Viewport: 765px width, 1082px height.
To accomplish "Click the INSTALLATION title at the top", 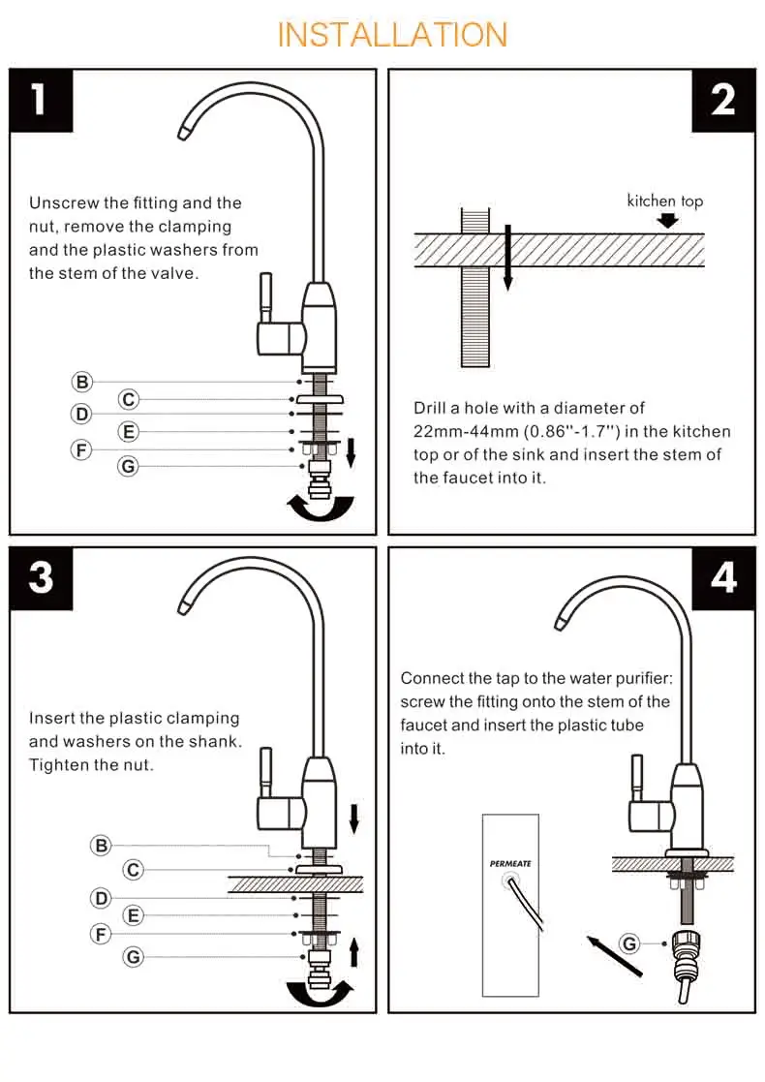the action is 392,35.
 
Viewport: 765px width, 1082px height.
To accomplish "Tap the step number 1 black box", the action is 41,100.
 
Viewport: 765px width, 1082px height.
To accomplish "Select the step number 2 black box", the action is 723,100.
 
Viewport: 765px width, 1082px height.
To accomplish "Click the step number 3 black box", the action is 41,578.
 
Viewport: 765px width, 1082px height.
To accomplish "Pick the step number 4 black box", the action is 723,578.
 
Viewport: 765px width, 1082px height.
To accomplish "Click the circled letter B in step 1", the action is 82,382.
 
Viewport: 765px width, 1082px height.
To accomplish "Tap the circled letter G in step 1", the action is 128,467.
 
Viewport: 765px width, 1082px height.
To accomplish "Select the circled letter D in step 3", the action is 101,899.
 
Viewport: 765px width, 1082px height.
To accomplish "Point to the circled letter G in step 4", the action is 629,943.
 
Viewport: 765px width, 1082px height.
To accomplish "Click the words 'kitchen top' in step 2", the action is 665,201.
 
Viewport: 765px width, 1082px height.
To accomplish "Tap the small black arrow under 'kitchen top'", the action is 667,220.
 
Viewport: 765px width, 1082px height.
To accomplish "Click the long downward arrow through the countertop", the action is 507,257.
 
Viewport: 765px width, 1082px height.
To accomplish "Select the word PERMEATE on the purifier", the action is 510,863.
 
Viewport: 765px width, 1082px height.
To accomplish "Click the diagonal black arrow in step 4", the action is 614,955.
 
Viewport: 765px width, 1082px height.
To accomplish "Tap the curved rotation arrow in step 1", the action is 321,508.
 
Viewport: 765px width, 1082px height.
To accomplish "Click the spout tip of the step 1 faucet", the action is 184,132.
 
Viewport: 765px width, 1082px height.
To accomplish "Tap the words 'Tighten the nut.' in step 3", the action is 91,764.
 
